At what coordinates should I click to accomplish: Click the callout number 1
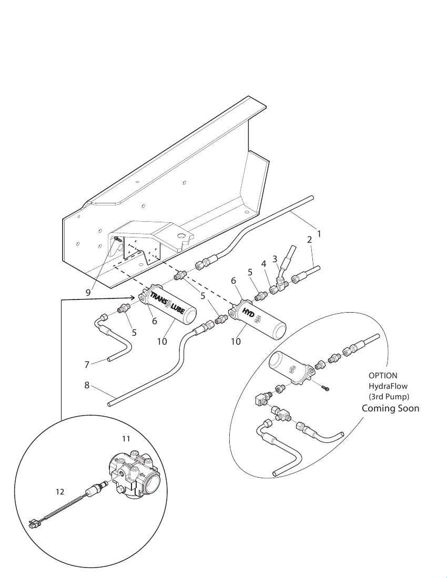click(319, 234)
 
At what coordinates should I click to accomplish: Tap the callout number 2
click(309, 240)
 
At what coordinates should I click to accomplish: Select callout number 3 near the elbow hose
click(275, 259)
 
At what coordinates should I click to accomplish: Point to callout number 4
click(263, 264)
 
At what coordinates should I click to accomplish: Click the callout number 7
click(87, 365)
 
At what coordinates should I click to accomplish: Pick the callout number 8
click(87, 386)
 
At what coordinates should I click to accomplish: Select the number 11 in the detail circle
click(126, 439)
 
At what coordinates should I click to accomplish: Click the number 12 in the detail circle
click(60, 492)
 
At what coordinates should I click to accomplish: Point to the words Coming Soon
click(391, 408)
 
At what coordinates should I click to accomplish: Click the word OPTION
click(383, 376)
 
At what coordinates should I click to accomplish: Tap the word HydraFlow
click(388, 386)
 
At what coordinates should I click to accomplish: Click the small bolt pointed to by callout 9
click(117, 239)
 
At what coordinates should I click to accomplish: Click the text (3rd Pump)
click(389, 397)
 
